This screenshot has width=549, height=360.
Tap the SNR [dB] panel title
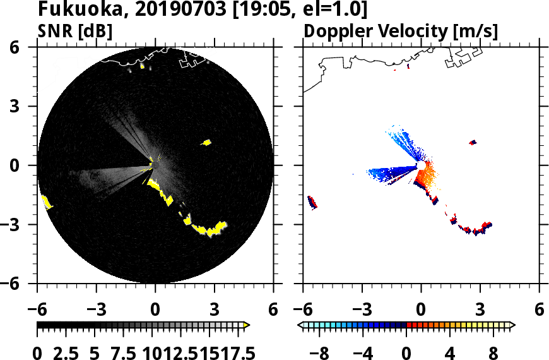75,30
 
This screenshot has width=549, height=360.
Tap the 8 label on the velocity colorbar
493,352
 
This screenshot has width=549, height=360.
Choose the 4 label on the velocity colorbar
450,352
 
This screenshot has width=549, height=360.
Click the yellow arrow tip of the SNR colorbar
247,325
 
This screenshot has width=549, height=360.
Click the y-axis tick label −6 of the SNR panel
22,284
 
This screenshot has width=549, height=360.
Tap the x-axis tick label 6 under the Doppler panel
539,310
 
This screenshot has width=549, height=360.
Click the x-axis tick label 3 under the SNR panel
214,310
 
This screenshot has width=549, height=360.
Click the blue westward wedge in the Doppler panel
391,171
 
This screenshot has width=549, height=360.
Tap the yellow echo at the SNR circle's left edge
46,202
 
